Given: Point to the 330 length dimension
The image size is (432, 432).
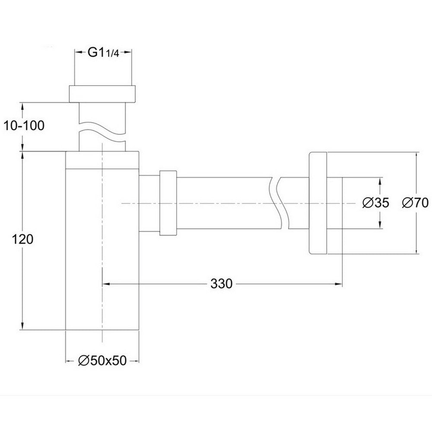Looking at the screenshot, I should [222, 284].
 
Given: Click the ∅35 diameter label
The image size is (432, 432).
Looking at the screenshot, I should [375, 203].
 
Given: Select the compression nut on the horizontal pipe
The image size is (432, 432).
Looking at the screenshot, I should [168, 203].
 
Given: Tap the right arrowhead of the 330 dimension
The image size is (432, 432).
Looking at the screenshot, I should [339, 284].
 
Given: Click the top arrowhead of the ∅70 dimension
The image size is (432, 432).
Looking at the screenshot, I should [416, 155].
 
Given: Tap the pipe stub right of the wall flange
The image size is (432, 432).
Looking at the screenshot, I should [335, 203].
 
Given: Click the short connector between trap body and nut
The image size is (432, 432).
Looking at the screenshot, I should [149, 203].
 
